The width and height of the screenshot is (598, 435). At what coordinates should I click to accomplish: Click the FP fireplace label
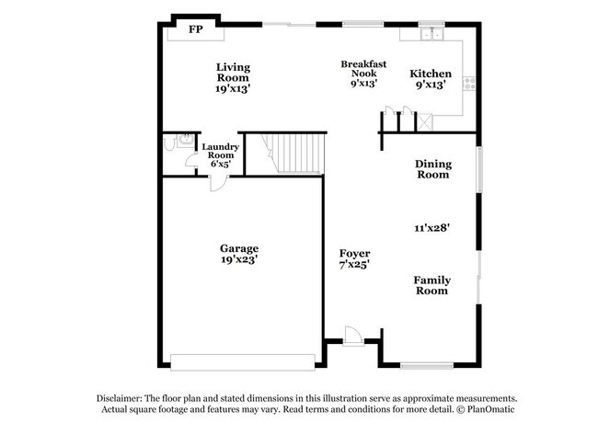pyautogui.click(x=195, y=30)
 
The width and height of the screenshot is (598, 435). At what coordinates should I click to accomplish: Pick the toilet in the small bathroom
pyautogui.click(x=169, y=143)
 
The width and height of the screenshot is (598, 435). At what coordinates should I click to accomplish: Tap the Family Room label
pyautogui.click(x=431, y=285)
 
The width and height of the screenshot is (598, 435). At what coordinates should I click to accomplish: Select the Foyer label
pyautogui.click(x=354, y=253)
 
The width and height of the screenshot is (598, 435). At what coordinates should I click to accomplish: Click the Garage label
pyautogui.click(x=238, y=247)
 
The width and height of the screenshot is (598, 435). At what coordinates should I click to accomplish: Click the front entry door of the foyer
pyautogui.click(x=351, y=336)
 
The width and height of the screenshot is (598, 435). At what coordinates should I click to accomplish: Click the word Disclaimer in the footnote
pyautogui.click(x=126, y=396)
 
